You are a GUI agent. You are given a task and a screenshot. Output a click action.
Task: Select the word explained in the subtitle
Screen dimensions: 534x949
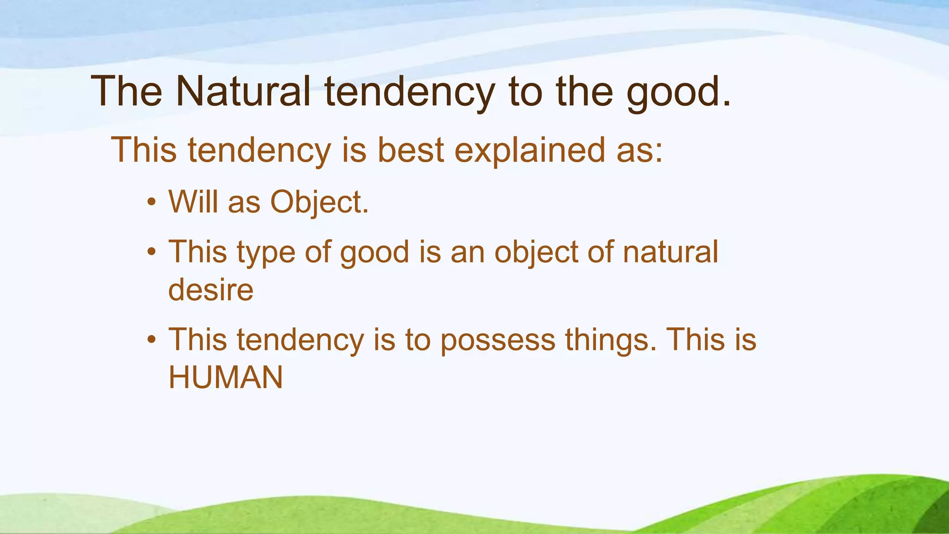tap(530, 150)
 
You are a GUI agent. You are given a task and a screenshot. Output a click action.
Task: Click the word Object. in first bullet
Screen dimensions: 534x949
tap(319, 203)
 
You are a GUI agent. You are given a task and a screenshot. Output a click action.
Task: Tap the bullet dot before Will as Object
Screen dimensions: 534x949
tap(151, 203)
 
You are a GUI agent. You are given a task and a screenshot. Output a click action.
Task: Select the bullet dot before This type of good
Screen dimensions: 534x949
tap(151, 253)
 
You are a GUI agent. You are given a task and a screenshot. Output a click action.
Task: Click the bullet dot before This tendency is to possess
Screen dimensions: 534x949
tap(151, 340)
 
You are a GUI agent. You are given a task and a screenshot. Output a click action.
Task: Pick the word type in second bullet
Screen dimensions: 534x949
tap(266, 253)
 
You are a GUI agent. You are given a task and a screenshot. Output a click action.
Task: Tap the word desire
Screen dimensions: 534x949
tap(211, 290)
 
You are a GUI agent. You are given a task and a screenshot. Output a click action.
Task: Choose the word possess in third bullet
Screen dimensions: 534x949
tap(498, 340)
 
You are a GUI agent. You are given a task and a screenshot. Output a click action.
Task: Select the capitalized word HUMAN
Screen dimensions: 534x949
tap(226, 377)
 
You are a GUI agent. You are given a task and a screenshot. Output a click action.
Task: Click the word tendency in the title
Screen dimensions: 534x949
tap(410, 92)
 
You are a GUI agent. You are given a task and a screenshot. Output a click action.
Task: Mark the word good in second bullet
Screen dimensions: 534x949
tap(374, 253)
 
